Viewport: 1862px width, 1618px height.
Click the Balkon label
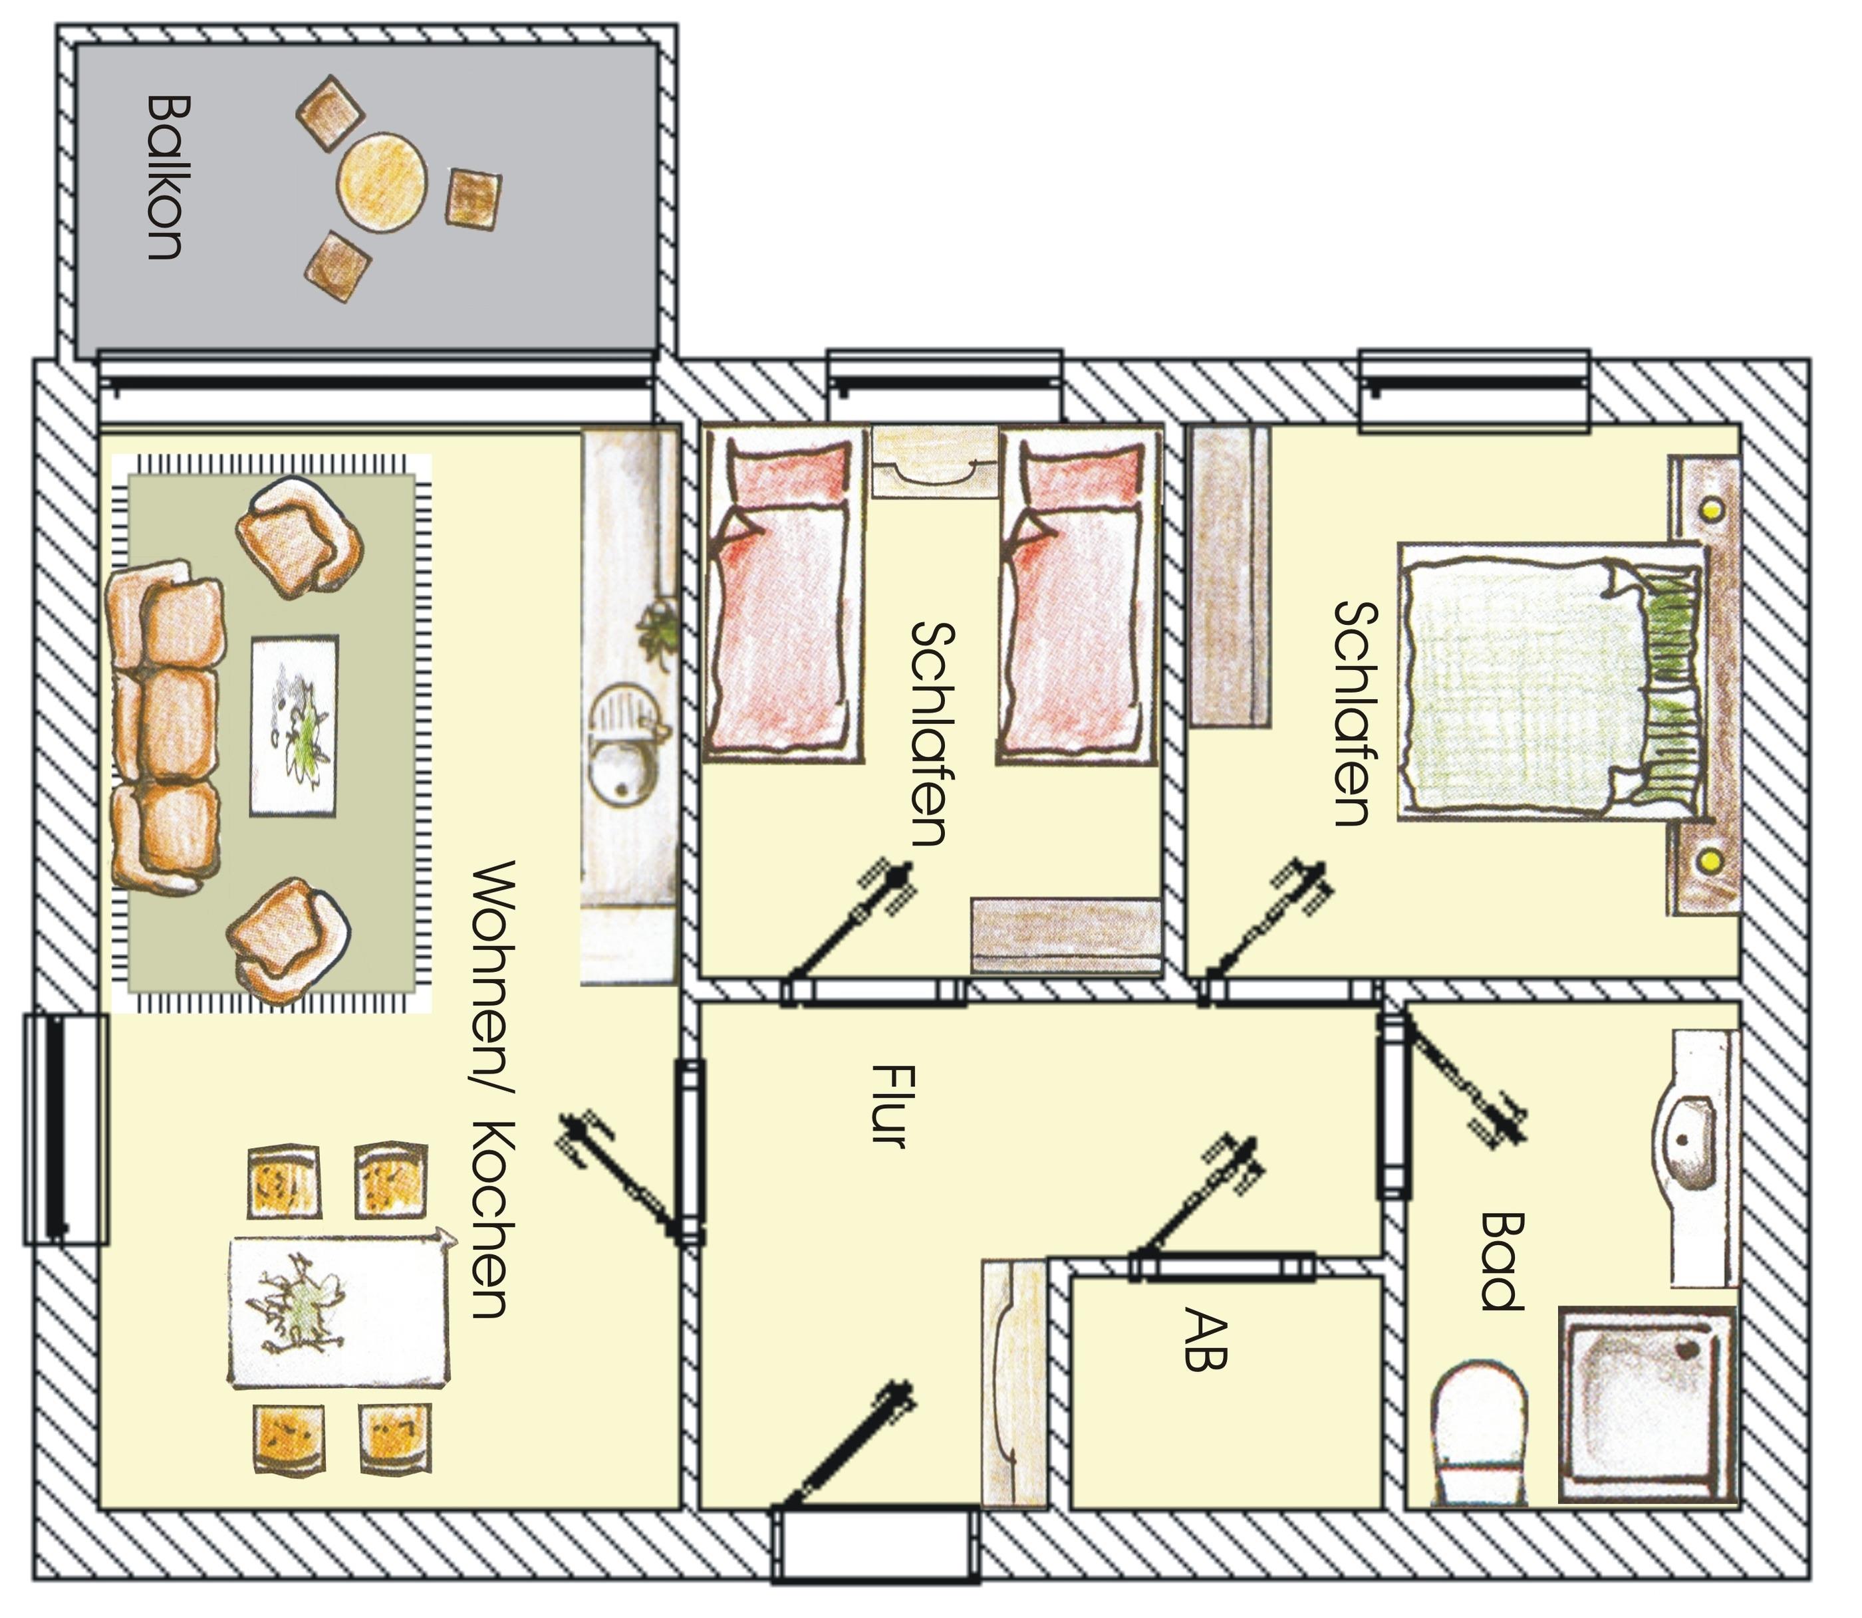164,178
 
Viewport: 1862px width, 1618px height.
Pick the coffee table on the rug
295,726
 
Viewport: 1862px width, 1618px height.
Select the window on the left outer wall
65,1129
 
